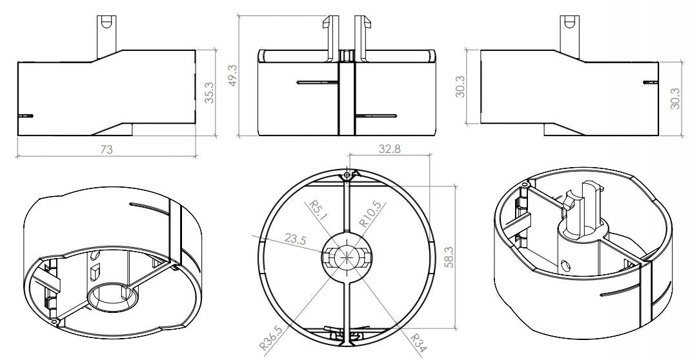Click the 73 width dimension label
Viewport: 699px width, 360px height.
[106, 149]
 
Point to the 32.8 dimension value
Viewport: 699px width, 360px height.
[389, 148]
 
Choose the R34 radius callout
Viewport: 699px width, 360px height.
[416, 339]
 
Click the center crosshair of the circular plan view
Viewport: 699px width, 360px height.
[348, 255]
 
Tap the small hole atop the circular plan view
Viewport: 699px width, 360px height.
[347, 175]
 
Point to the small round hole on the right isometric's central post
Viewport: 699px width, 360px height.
[566, 265]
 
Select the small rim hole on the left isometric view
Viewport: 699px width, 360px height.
[56, 321]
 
